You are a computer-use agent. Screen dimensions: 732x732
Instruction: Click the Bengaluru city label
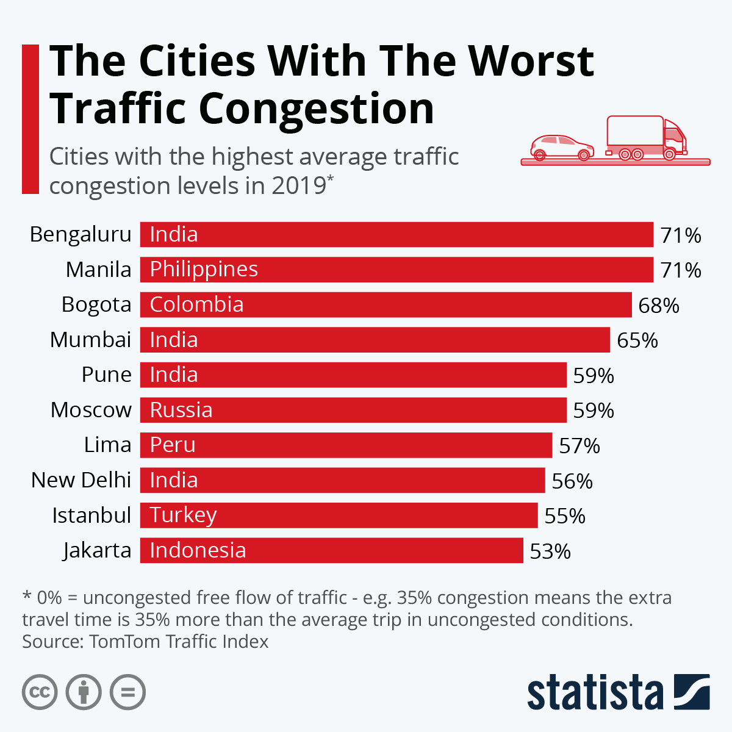point(81,235)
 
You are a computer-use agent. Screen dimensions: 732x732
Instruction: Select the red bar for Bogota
point(386,304)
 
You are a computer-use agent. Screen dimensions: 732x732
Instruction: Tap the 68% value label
point(658,305)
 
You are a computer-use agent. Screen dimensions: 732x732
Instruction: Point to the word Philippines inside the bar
point(204,270)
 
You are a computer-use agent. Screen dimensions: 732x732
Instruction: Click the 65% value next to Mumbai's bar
point(637,340)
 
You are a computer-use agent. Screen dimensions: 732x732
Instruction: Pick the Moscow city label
point(91,410)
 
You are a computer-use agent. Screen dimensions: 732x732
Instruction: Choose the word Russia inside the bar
point(181,410)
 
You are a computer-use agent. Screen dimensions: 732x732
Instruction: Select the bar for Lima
point(346,445)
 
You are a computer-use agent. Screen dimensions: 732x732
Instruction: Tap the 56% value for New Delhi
point(572,481)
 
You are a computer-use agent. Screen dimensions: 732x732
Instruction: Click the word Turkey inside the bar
point(183,515)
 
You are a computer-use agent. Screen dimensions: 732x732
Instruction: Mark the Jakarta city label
point(97,551)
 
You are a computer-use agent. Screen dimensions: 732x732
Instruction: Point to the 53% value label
point(550,551)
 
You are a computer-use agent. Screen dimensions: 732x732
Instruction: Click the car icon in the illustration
point(561,147)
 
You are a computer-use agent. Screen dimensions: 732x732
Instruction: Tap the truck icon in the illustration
point(645,138)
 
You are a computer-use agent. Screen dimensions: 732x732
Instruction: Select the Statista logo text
point(595,693)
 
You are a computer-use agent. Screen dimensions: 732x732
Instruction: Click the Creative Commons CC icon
point(40,692)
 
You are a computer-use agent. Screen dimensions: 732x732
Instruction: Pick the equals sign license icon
point(127,692)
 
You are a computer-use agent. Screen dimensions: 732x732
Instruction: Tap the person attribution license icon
point(84,692)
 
